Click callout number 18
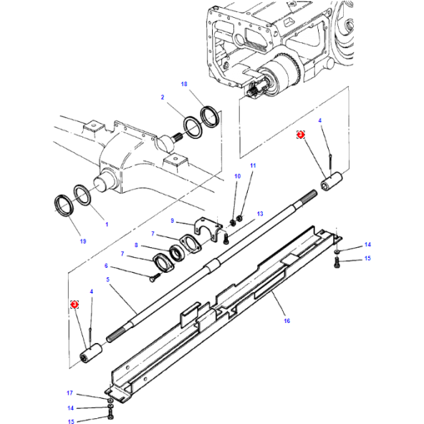coord(184,85)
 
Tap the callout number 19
coord(83,241)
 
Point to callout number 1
coord(107,225)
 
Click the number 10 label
coord(237,176)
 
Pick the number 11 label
coord(252,166)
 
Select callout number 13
coord(261,213)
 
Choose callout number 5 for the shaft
coord(107,279)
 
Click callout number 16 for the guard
coord(286,321)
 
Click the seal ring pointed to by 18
coord(210,115)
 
